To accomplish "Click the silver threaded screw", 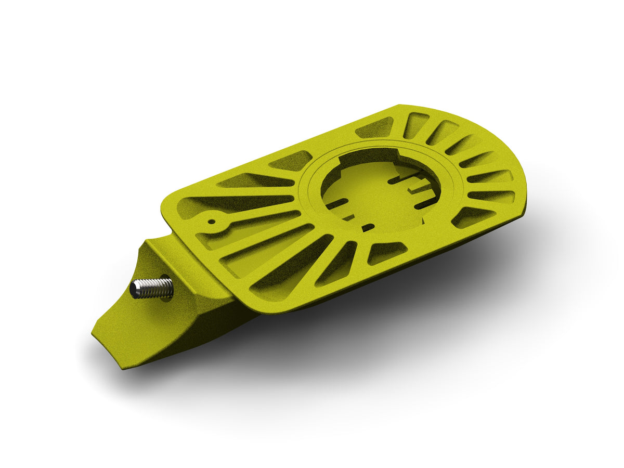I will [152, 288].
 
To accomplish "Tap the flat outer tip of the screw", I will [134, 289].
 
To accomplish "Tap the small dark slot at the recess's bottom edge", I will [368, 227].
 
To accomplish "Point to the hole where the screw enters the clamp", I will [167, 287].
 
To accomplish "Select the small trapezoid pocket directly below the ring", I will [387, 252].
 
